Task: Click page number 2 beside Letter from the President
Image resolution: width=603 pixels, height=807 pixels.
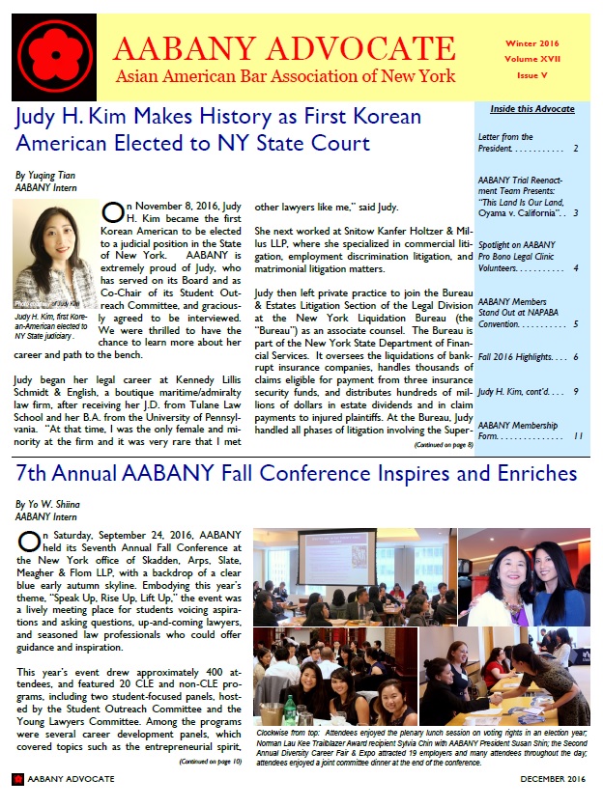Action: coord(576,149)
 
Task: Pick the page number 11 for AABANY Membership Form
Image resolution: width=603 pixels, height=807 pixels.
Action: coord(577,436)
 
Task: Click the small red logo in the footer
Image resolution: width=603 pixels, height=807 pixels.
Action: coord(17,779)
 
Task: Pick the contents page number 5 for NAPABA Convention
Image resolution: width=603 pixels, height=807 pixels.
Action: coord(577,323)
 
